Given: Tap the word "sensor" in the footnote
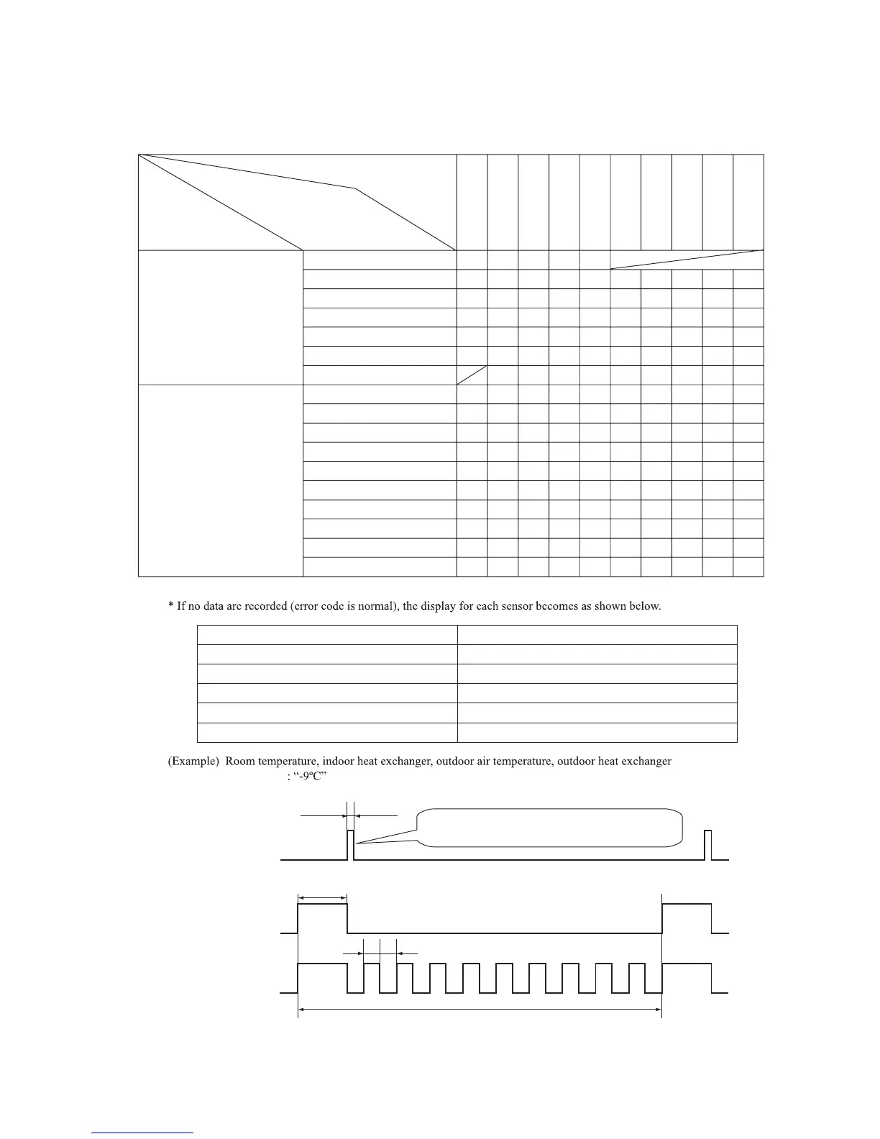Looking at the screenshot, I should point(509,606).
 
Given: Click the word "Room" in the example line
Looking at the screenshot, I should point(240,761).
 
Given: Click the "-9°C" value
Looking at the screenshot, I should point(311,777).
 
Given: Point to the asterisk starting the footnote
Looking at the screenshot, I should point(170,606).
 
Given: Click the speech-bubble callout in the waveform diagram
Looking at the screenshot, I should point(550,828).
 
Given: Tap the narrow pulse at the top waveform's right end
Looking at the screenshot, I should point(708,844).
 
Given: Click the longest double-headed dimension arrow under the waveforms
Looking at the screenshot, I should point(480,1010).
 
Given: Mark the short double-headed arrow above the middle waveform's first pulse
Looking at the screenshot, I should point(322,897).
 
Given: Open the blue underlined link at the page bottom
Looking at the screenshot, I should point(142,1133).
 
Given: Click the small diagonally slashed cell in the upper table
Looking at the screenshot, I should point(472,375).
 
